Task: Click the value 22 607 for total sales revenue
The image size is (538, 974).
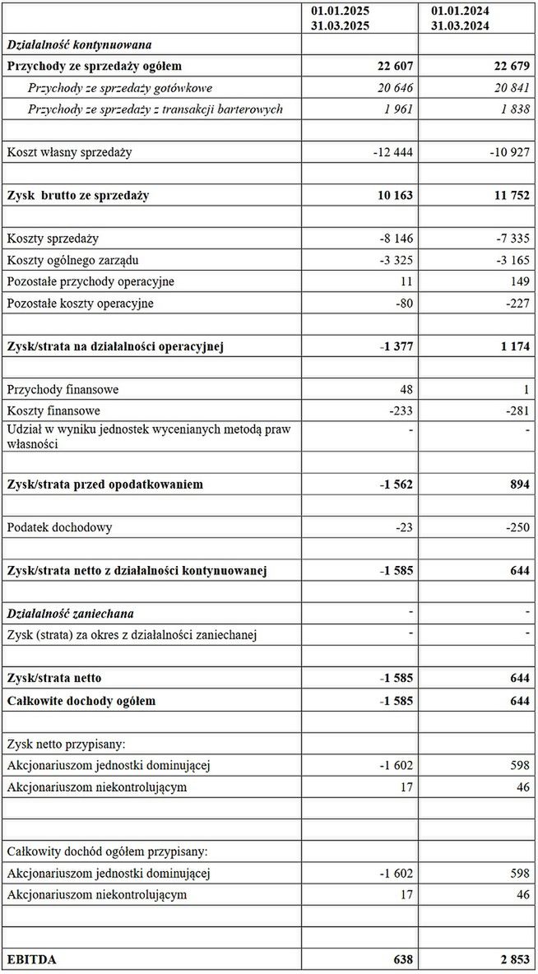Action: coord(392,66)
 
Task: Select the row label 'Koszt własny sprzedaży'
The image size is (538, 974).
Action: coord(69,152)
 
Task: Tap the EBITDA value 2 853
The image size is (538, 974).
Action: coord(510,959)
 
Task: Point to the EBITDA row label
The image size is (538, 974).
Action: coord(32,959)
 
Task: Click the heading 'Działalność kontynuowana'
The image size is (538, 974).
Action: coord(79,44)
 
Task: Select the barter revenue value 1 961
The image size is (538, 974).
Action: coord(397,109)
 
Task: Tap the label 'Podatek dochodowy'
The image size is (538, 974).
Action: coord(59,527)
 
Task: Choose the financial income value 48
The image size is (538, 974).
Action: coord(406,389)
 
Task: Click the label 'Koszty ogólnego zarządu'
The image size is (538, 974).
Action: coord(72,260)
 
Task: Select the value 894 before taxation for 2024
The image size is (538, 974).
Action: coord(518,485)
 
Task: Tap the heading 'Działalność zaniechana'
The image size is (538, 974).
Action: coord(70,613)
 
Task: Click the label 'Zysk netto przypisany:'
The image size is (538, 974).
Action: coord(66,744)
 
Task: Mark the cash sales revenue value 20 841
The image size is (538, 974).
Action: coord(509,87)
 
